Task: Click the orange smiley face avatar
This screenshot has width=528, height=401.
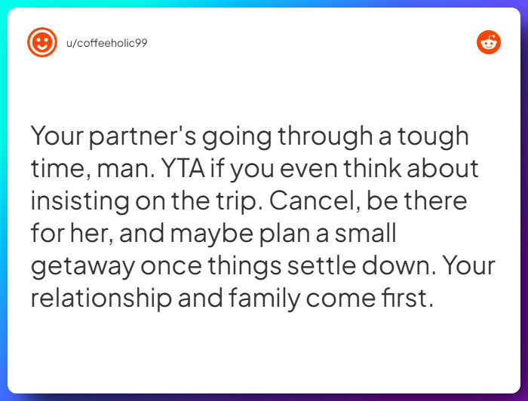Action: [x=42, y=42]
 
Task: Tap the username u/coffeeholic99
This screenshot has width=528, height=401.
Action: [x=106, y=43]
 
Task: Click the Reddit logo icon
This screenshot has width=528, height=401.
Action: [x=489, y=42]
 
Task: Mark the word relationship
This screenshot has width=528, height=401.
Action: [x=100, y=298]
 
